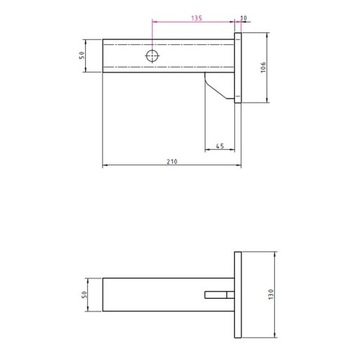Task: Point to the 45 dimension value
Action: click(x=220, y=146)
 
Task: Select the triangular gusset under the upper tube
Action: click(x=218, y=87)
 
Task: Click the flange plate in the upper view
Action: click(x=238, y=69)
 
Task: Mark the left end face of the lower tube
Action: click(x=104, y=296)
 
